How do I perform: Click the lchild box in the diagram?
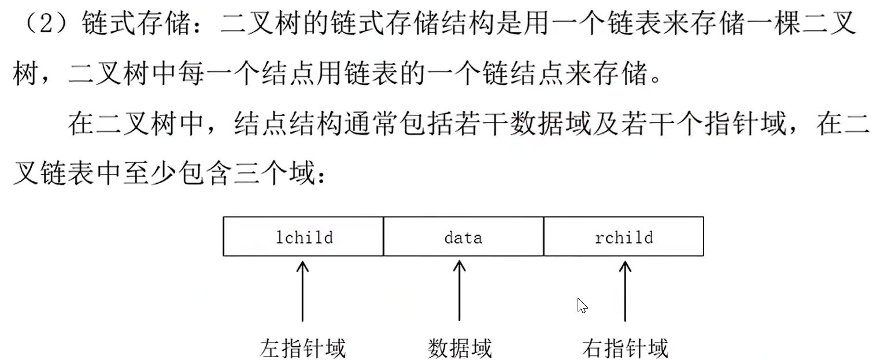pos(304,236)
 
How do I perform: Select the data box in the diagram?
pos(463,236)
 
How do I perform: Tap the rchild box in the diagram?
pos(623,236)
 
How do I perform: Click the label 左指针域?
pos(302,348)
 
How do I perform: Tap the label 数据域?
pos(460,348)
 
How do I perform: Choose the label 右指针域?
pos(625,348)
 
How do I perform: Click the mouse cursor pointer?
pos(582,305)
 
